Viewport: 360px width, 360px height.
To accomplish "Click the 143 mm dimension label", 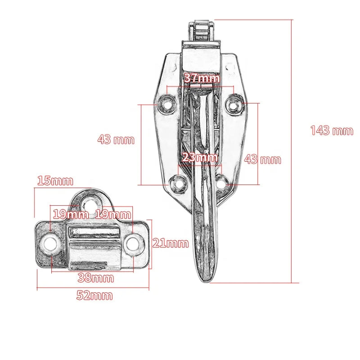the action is click(332, 130).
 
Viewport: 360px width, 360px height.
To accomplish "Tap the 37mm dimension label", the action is click(202, 78).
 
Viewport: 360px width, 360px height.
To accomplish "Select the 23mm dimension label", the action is click(200, 157).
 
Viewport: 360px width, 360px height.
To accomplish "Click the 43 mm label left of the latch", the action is click(116, 139).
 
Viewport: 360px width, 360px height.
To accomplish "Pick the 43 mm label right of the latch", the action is click(262, 159).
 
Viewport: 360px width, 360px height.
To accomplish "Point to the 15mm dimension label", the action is click(55, 180).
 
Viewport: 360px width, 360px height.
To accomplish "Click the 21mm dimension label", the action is click(171, 243).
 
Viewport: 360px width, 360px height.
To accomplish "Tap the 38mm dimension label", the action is click(96, 278).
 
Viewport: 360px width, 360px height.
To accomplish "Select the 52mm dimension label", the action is click(94, 295).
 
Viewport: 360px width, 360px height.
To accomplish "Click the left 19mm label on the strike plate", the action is click(71, 214).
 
